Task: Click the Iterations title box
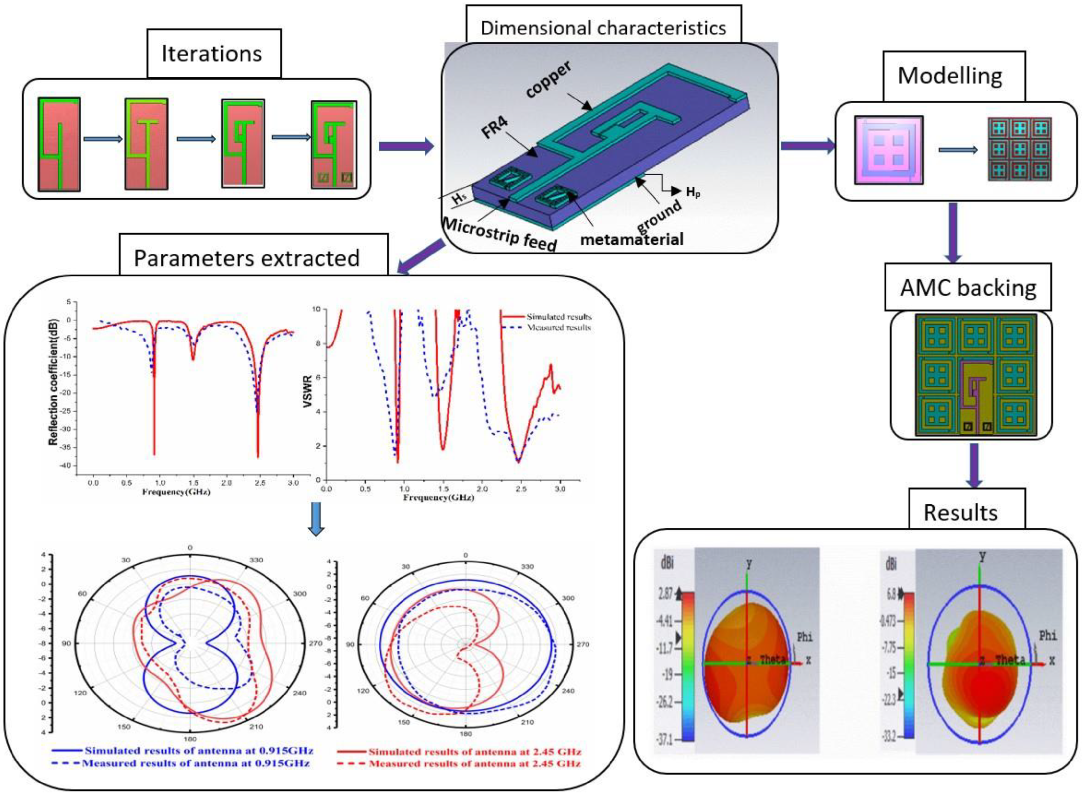point(212,53)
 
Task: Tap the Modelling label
point(950,76)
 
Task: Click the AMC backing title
point(968,287)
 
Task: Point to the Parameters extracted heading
point(247,258)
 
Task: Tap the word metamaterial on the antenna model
point(632,239)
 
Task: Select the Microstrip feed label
point(499,233)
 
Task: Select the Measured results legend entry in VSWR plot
point(558,328)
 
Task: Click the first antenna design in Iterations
point(59,144)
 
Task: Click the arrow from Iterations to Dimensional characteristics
point(406,145)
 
